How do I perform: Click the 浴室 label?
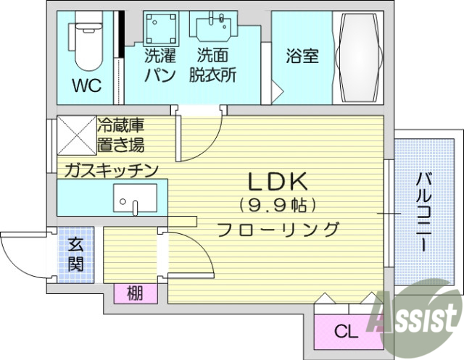302,56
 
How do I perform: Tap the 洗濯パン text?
159,64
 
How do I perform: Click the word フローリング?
279,230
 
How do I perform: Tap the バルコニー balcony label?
421,210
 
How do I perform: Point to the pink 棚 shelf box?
134,293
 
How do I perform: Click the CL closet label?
345,332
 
